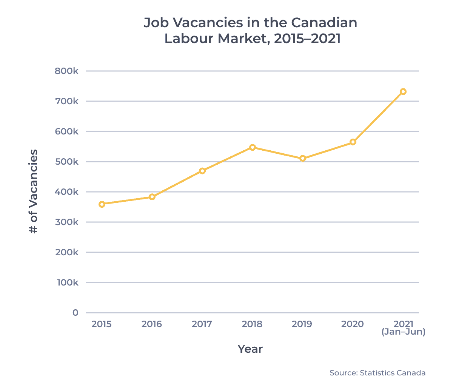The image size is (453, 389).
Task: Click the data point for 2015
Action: tap(102, 204)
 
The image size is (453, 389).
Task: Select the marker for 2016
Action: tap(152, 197)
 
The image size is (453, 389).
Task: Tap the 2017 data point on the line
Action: tap(202, 171)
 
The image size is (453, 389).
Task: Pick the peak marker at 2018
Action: tap(253, 147)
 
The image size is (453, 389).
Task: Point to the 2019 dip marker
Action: tap(303, 158)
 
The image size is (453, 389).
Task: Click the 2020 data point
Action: tap(353, 142)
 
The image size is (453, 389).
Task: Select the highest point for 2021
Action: tap(403, 91)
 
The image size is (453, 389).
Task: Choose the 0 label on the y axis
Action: tap(75, 313)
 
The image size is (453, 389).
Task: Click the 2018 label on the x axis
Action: tap(252, 324)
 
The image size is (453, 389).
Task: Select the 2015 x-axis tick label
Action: tap(102, 324)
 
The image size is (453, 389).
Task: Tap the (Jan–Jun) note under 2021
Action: tap(403, 332)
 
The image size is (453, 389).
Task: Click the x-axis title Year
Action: tap(250, 349)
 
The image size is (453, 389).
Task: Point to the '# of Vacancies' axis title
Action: tap(34, 191)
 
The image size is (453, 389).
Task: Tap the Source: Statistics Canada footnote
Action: tap(377, 373)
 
